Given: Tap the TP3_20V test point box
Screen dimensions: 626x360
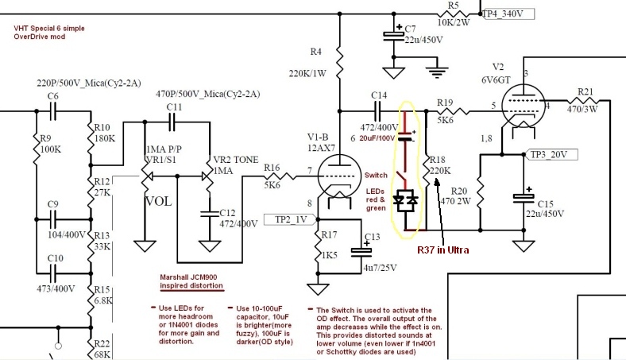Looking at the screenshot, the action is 551,155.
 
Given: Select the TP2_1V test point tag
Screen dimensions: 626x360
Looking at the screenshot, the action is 290,219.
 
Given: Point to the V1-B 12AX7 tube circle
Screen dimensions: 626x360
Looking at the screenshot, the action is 338,176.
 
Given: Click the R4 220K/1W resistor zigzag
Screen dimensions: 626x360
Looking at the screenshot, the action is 339,63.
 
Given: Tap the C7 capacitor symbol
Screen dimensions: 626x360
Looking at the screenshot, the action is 394,36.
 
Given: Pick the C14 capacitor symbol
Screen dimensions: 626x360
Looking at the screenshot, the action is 377,111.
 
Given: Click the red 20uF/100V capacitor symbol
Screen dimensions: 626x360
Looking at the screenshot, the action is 406,136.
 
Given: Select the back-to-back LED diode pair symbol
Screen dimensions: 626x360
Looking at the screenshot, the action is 406,199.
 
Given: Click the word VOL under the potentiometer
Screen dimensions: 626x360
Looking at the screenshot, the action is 159,201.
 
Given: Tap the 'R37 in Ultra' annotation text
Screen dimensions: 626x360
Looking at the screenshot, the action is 443,250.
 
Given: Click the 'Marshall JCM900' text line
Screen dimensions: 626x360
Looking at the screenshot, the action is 188,277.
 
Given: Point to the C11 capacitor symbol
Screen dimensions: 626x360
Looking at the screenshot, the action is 172,122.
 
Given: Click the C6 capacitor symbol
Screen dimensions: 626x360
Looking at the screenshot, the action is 52,111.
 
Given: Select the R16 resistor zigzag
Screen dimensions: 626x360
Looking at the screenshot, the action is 280,176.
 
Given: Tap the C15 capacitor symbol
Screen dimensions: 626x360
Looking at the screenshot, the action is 524,197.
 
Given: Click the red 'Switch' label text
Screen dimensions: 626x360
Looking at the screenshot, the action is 376,175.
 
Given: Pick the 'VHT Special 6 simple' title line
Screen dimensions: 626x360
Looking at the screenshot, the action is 49,29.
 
